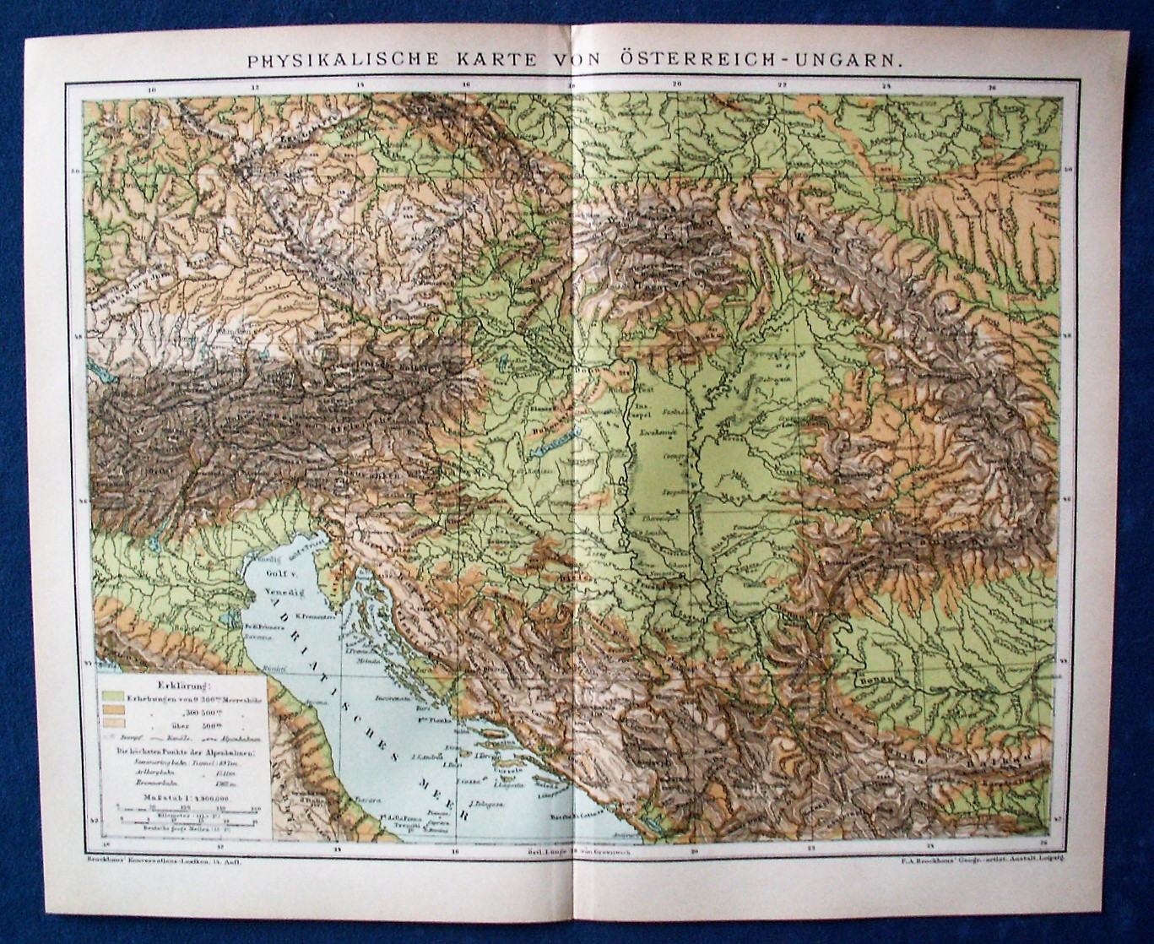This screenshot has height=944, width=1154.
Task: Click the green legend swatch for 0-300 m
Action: (x=111, y=697)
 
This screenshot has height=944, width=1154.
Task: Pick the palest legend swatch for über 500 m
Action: (x=111, y=723)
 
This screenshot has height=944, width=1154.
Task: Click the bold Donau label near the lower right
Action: (x=875, y=679)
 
